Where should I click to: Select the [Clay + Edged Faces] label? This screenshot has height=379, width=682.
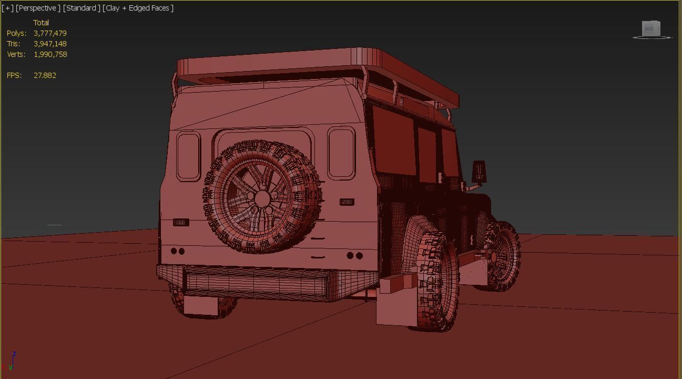(x=138, y=8)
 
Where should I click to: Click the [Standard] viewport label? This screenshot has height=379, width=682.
(x=82, y=8)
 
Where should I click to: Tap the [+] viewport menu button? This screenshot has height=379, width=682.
(x=7, y=8)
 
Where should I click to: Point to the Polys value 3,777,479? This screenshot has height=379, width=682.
(x=50, y=33)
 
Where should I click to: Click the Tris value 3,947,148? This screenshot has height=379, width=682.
(x=50, y=44)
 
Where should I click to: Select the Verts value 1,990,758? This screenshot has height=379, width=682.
(x=50, y=54)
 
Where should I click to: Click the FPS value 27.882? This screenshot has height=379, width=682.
(x=45, y=75)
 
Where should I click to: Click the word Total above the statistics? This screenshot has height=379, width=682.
(x=41, y=23)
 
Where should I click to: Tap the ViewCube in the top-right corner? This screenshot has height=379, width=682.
(x=651, y=29)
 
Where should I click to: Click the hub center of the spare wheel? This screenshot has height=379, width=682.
(x=262, y=198)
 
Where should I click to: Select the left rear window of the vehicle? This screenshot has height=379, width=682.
(x=188, y=156)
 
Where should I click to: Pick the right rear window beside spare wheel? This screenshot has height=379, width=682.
(x=341, y=153)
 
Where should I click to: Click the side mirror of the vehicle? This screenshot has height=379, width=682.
(x=479, y=172)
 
